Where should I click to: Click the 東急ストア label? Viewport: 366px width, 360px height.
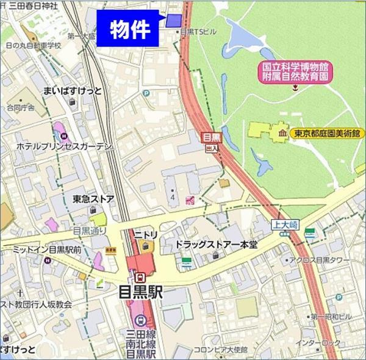(x=93, y=198)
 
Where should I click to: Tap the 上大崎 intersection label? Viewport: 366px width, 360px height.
(x=284, y=225)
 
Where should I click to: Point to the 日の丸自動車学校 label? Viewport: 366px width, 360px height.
(x=34, y=45)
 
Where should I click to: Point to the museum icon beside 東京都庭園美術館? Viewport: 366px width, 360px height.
(x=282, y=133)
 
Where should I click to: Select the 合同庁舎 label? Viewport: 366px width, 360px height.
(x=21, y=107)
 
